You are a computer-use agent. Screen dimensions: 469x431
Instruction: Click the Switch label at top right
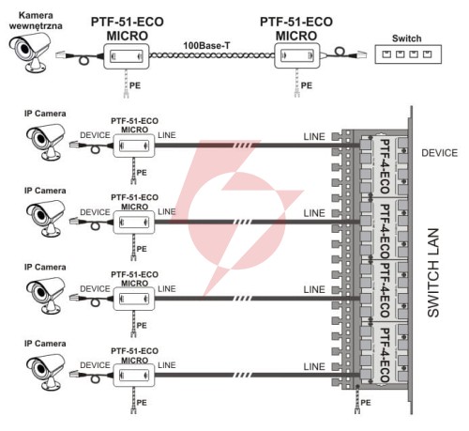[406, 38]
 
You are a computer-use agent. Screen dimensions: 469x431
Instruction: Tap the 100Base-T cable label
[206, 46]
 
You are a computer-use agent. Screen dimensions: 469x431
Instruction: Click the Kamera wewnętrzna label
[36, 21]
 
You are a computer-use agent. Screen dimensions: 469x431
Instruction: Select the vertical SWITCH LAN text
[433, 272]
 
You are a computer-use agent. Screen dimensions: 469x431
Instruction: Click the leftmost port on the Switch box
[386, 54]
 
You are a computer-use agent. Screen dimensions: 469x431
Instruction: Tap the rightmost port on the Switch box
[427, 54]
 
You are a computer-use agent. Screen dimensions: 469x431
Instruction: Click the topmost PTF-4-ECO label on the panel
[385, 166]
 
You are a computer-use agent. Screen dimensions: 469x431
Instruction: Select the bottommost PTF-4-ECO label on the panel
[385, 355]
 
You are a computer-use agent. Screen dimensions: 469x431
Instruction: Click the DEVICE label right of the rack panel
[439, 153]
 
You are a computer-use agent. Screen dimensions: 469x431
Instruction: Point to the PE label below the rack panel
[366, 402]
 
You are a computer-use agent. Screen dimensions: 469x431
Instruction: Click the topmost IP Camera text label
[45, 114]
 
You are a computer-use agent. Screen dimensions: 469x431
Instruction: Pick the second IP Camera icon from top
[46, 218]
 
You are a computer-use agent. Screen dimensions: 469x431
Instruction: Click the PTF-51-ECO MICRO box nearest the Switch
[297, 55]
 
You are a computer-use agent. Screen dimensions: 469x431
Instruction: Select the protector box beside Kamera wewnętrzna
[127, 56]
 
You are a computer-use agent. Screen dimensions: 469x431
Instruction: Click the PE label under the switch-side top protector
[307, 85]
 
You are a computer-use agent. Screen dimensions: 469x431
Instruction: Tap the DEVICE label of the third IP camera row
[95, 288]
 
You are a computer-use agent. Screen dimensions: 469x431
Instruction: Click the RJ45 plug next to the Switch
[362, 54]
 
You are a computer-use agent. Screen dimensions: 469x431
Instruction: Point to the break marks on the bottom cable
[243, 375]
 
